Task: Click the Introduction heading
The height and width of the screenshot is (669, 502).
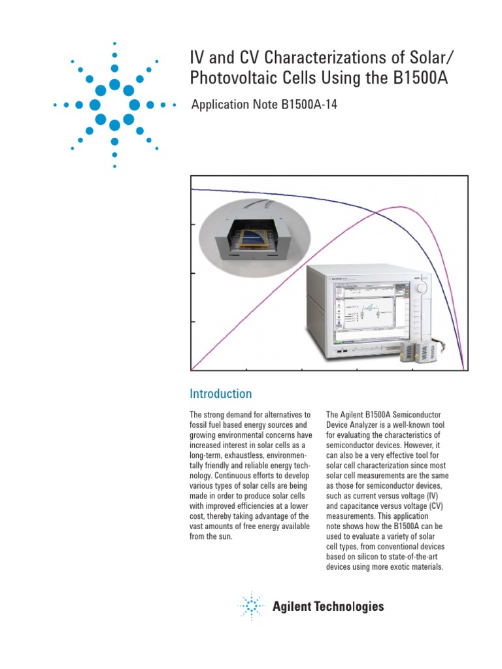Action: (x=220, y=394)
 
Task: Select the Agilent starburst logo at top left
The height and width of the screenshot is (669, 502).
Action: (x=114, y=105)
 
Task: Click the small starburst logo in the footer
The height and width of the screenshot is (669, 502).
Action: (x=251, y=606)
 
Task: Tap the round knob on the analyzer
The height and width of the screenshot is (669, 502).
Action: (x=422, y=287)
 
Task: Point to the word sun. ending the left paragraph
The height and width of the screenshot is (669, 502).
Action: (x=223, y=537)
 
